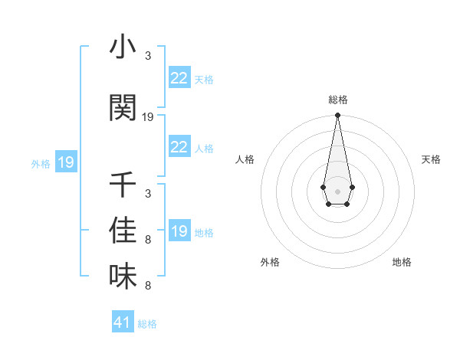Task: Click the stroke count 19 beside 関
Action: point(148,117)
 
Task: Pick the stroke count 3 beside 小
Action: point(148,56)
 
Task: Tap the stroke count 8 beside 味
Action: point(148,286)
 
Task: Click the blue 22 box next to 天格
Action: point(179,77)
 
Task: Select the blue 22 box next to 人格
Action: point(179,147)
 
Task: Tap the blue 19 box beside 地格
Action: point(179,231)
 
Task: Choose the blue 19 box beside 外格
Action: point(65,162)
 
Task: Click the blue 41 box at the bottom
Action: point(123,322)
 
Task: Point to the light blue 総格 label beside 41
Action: point(147,324)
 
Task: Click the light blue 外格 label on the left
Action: point(41,163)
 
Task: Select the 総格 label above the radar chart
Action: point(337,100)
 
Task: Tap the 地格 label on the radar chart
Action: point(402,262)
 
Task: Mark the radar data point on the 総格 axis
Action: point(337,116)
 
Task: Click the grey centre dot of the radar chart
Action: point(337,190)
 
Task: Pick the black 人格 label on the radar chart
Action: point(245,159)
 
